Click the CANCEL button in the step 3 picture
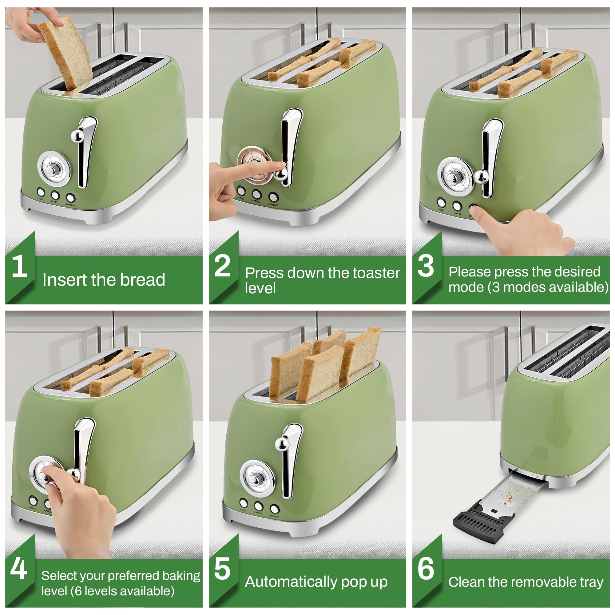pyautogui.click(x=457, y=206)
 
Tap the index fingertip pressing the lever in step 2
pyautogui.click(x=280, y=165)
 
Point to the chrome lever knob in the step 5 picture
pyautogui.click(x=281, y=443)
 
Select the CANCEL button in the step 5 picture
pyautogui.click(x=259, y=506)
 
